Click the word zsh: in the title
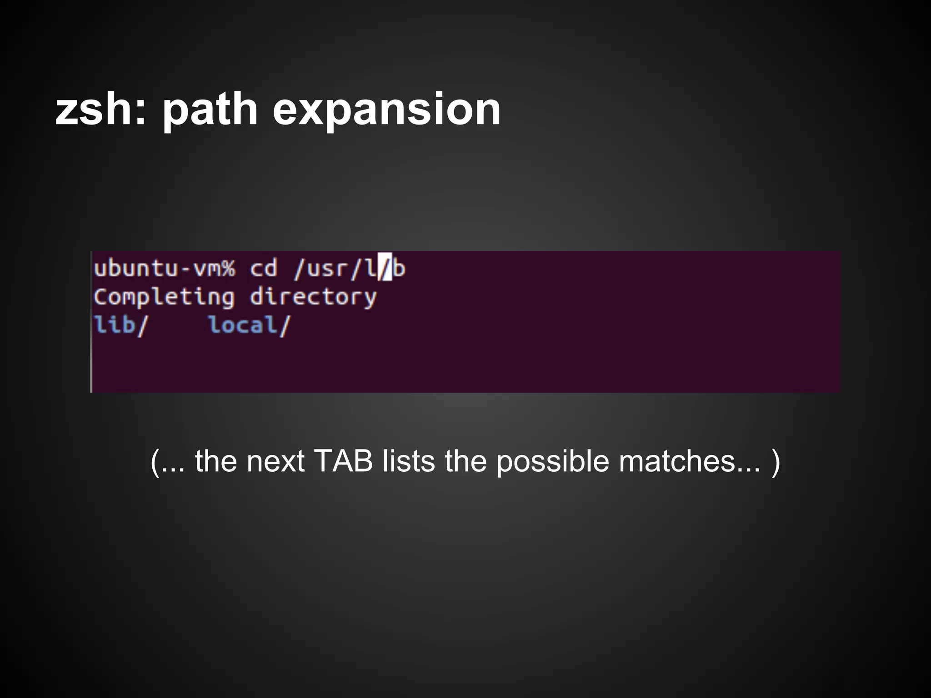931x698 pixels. (x=100, y=110)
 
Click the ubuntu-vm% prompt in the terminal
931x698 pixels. (x=165, y=268)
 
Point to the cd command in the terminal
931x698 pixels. (x=264, y=268)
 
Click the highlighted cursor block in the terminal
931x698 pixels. (x=386, y=268)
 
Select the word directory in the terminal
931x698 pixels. (x=313, y=298)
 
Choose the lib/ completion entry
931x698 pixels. (x=121, y=325)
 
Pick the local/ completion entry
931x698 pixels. (x=249, y=325)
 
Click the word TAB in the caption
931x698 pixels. (x=343, y=461)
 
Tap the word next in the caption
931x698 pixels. (x=275, y=461)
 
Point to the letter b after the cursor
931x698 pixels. (x=399, y=268)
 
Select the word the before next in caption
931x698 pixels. (x=215, y=461)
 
